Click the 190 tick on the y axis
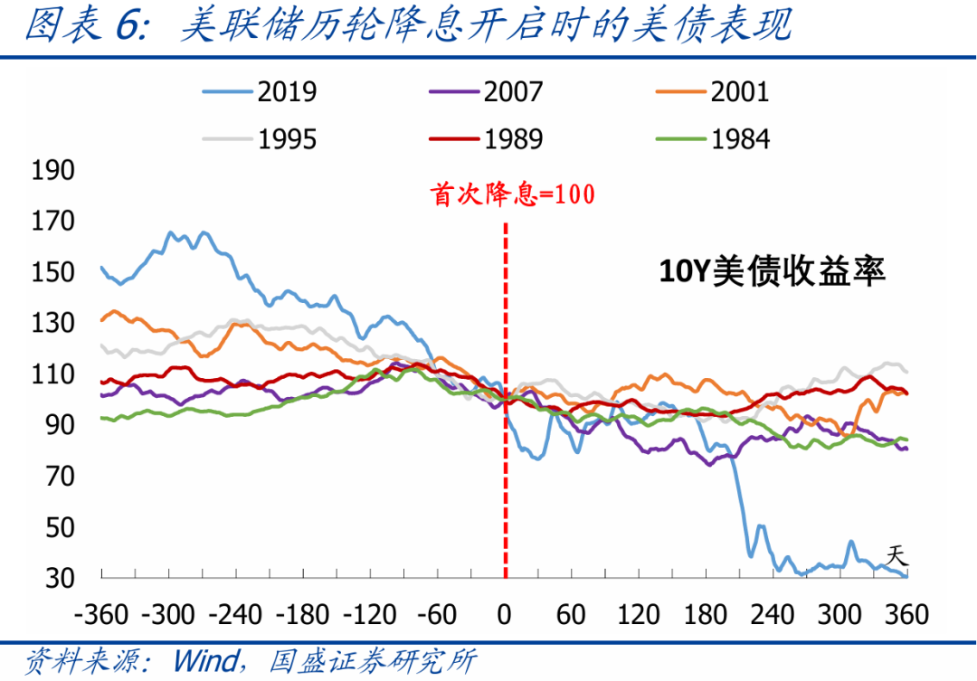[52, 171]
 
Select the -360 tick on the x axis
[101, 615]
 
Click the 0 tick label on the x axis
[505, 615]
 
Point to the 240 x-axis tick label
[773, 615]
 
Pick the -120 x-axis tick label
[370, 615]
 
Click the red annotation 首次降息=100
[514, 195]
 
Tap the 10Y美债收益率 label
[771, 271]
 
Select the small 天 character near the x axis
[895, 553]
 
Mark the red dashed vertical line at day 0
[505, 452]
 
